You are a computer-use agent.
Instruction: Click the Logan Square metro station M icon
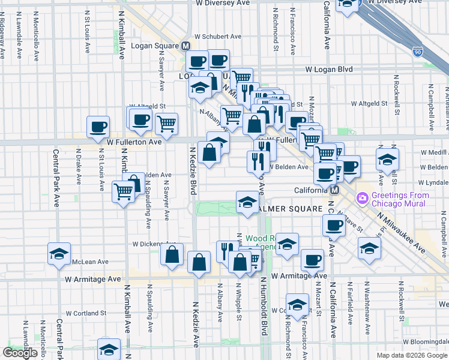coord(186,46)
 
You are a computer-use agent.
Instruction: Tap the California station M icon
coord(335,190)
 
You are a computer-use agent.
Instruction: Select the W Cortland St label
coord(86,313)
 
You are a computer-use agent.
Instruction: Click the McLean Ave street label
coord(90,262)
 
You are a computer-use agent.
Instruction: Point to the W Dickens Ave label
coord(152,244)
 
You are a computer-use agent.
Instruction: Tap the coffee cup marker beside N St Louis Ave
coord(98,126)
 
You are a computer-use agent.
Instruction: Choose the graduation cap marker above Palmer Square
coord(247,202)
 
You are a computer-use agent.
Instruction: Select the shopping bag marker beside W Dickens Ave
coord(172,254)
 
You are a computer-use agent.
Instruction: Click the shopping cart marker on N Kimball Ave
coord(124,192)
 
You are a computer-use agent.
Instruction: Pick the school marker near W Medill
coord(387,159)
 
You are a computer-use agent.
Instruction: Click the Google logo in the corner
coord(19,353)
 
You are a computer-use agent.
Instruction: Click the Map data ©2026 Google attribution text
coord(411,355)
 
